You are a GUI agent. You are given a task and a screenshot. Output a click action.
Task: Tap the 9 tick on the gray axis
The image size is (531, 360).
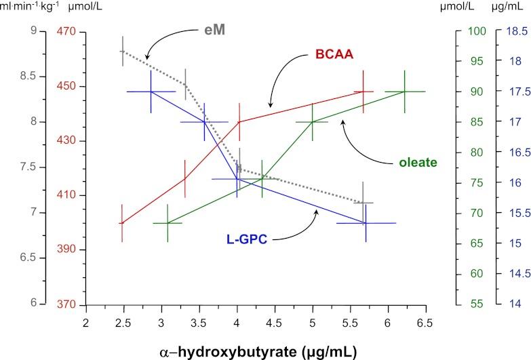coord(28,31)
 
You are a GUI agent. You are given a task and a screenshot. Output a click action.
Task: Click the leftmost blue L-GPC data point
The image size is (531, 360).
coord(151,92)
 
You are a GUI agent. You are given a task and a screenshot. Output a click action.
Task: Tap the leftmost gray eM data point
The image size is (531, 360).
coord(122,52)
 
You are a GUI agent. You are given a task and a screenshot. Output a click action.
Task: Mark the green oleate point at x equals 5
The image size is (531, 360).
coord(313,122)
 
